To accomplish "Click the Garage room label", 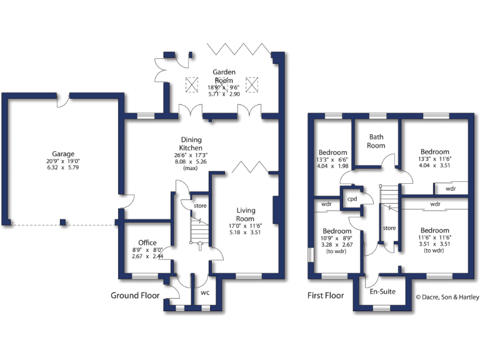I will [x=64, y=154].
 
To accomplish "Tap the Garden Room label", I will [x=223, y=76].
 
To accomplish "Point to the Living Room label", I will [x=245, y=214].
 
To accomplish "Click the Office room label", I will [x=147, y=242].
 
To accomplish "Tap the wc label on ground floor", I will [x=205, y=292].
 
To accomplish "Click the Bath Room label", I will [x=376, y=141].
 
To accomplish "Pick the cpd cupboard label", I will [x=352, y=199].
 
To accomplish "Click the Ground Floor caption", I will [x=135, y=295].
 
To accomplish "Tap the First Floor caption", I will [x=326, y=295].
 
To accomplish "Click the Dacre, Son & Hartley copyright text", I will [x=447, y=296].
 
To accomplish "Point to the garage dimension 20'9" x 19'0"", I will [x=64, y=162].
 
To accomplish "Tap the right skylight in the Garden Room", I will [x=252, y=83].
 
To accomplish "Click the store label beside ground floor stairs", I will [x=200, y=206].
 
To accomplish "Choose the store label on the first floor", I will [x=389, y=227].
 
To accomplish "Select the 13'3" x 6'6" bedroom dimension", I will [x=332, y=160].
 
